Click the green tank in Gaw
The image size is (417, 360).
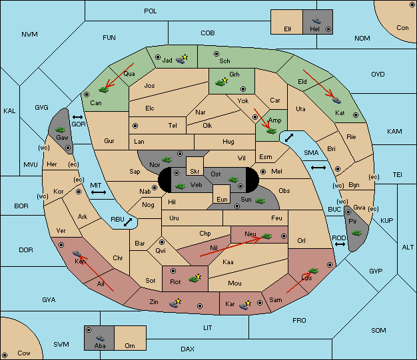point(61,130)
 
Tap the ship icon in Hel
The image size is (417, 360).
point(316,21)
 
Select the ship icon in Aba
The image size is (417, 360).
point(101,338)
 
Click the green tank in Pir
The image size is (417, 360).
point(356,233)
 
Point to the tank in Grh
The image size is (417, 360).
point(221,83)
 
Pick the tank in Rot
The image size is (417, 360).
point(195,279)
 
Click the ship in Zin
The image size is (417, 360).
point(175,303)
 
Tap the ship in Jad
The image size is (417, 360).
point(181,59)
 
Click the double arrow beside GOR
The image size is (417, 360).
point(77,117)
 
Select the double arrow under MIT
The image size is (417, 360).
point(99,192)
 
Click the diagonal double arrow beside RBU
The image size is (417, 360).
point(128,222)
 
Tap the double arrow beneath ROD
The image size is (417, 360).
point(340,244)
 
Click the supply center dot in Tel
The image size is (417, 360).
point(135,126)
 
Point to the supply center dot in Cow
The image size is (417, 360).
point(5,355)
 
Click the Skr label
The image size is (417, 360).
point(195,172)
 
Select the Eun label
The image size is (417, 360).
point(222,199)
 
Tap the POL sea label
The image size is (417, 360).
point(151,11)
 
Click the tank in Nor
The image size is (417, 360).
point(167,160)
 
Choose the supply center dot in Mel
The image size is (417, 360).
point(263,172)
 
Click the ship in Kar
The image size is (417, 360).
point(244,305)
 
